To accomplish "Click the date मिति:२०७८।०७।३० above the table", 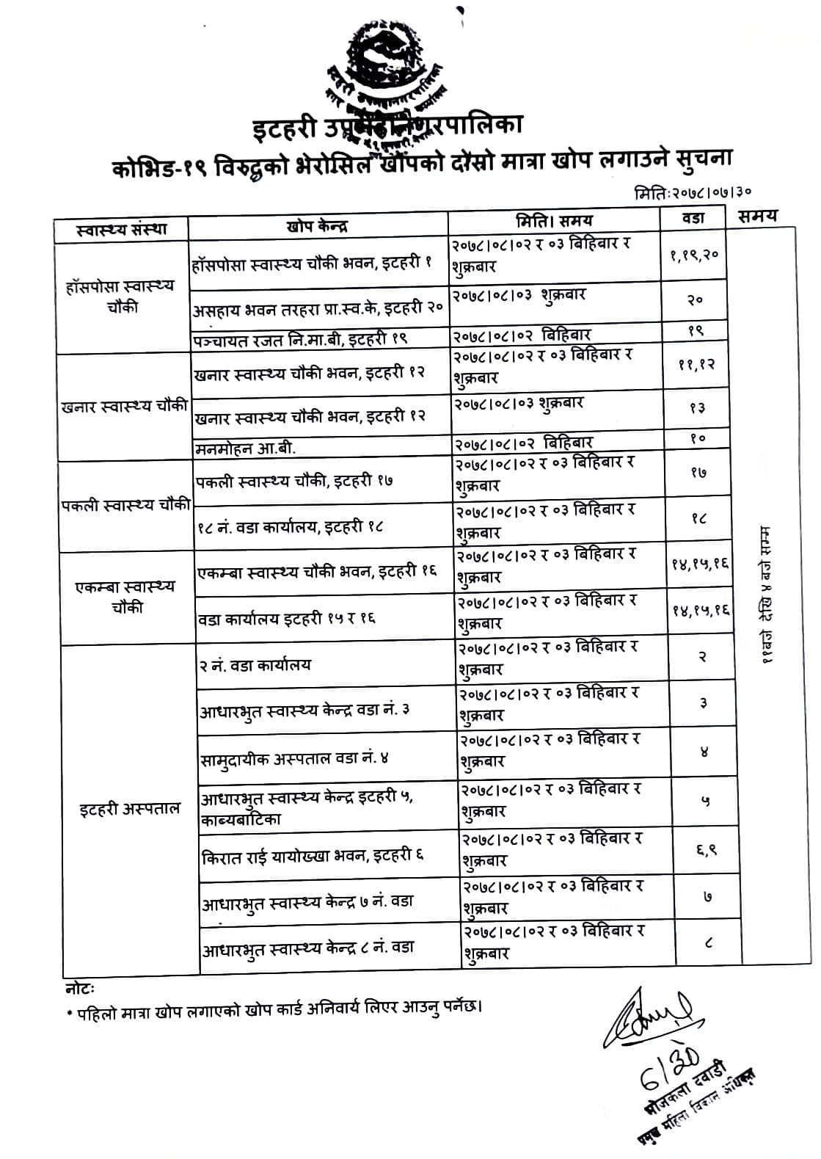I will coord(693,193).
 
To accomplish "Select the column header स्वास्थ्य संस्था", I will coord(122,229).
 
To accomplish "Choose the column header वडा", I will coord(693,217).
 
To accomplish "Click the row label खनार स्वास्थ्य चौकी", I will coord(125,406).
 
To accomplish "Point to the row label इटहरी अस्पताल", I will coord(129,808).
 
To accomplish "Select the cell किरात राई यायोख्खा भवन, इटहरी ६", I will coord(313,855).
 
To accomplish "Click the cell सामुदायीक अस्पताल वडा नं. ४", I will coord(294,757).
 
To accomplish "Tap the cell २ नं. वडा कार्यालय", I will coord(255,665).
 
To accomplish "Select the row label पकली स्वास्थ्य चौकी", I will coord(126,504).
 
